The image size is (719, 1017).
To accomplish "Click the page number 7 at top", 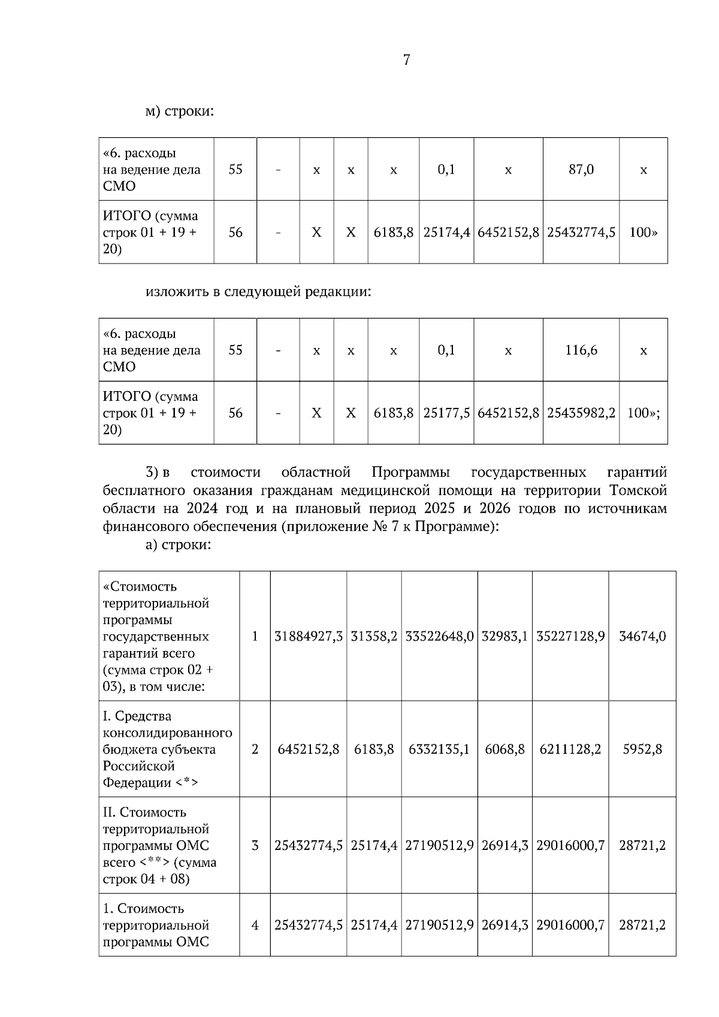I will pyautogui.click(x=407, y=60).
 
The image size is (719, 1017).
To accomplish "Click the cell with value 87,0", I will pyautogui.click(x=581, y=169).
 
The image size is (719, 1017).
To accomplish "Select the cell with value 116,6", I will pyautogui.click(x=581, y=350).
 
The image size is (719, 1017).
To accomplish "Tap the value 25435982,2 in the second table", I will pyautogui.click(x=581, y=413).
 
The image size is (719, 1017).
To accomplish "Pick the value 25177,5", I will pyautogui.click(x=446, y=413).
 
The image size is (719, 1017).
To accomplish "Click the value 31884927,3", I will pyautogui.click(x=308, y=636).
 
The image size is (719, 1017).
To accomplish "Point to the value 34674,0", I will pyautogui.click(x=642, y=636).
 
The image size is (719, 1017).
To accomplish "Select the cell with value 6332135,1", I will pyautogui.click(x=439, y=749).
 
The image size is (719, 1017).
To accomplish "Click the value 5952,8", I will pyautogui.click(x=642, y=749).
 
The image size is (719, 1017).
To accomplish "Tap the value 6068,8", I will pyautogui.click(x=504, y=749).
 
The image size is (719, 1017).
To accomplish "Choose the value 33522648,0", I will pyautogui.click(x=439, y=636).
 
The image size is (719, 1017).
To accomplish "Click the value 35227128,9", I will pyautogui.click(x=570, y=636).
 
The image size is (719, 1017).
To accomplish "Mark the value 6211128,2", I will pyautogui.click(x=570, y=749).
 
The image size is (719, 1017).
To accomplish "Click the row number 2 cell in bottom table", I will pyautogui.click(x=255, y=749).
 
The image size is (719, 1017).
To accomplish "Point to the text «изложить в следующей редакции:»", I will pyautogui.click(x=258, y=292).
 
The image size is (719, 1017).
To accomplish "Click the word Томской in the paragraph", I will pyautogui.click(x=638, y=491).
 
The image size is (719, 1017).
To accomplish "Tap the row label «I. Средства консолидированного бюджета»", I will pyautogui.click(x=168, y=749).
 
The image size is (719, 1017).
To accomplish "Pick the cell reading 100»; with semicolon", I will pyautogui.click(x=643, y=413).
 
